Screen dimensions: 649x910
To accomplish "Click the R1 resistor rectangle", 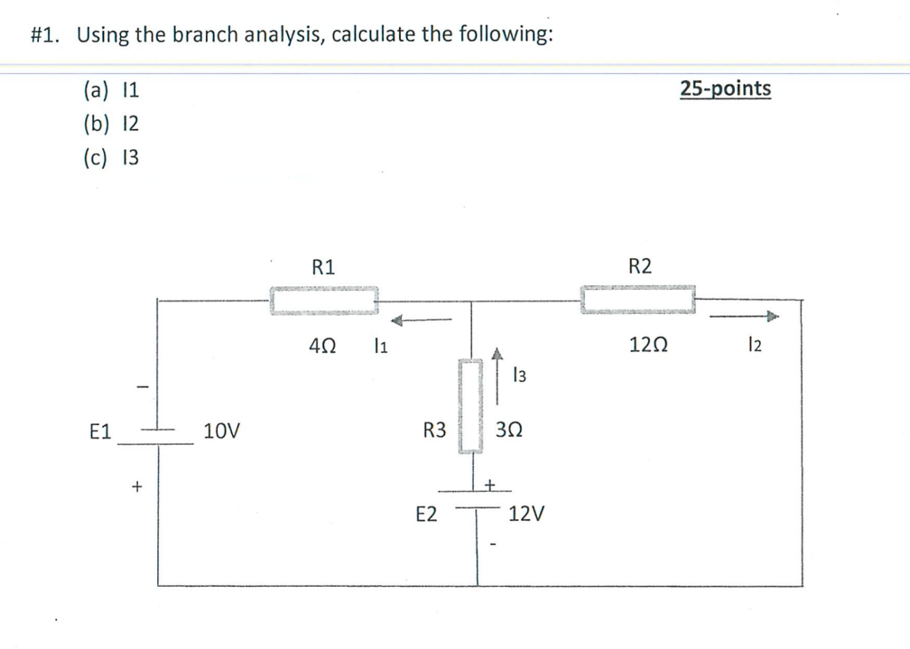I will click(324, 300).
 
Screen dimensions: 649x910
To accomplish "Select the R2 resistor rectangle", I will click(638, 299).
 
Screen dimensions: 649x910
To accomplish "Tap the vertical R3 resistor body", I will click(470, 405).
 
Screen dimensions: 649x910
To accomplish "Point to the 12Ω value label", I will click(643, 347).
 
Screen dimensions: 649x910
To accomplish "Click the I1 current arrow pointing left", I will click(423, 321).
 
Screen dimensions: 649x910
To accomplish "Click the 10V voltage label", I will click(221, 432).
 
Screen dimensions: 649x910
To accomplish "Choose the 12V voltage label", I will click(528, 514).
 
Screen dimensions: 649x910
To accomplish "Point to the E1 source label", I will click(100, 432).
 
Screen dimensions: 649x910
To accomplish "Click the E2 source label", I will click(427, 514).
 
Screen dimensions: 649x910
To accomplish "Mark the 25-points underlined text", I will click(725, 88).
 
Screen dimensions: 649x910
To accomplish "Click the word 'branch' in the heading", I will click(206, 35).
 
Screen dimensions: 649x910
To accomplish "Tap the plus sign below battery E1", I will click(136, 486).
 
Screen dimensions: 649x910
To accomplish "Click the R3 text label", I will click(435, 432).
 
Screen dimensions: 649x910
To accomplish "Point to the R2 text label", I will click(639, 266).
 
